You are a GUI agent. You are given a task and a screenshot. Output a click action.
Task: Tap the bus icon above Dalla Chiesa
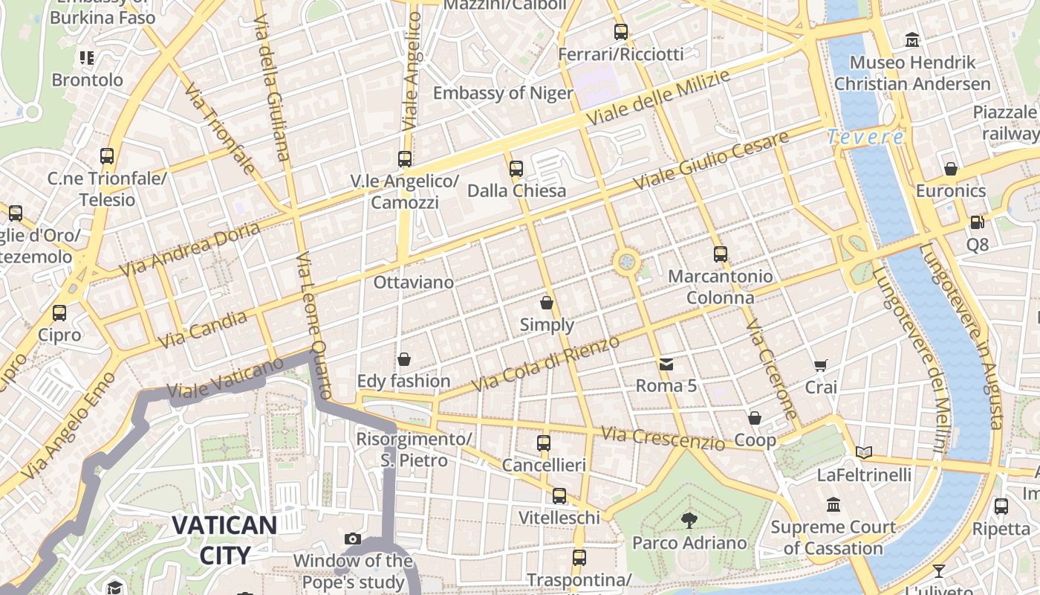point(516,169)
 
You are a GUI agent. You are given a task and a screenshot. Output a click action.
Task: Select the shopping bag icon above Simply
point(547,303)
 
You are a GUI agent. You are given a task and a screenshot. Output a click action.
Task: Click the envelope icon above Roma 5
point(666,364)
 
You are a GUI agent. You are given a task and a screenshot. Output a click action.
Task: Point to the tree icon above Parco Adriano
point(689,520)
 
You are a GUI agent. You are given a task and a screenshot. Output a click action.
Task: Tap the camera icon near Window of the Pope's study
point(353,538)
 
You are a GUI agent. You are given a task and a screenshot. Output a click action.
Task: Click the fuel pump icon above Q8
point(977,222)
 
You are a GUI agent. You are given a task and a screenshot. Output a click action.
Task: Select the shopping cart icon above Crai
point(821,365)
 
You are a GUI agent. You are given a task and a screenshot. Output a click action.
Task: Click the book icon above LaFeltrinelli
point(863,452)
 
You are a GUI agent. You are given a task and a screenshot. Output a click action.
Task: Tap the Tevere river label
point(865,137)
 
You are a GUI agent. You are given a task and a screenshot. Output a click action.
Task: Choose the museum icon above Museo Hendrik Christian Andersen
point(912,39)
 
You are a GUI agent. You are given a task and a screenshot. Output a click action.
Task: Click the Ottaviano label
point(413,283)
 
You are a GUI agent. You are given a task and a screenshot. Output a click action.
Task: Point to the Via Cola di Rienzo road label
point(546,364)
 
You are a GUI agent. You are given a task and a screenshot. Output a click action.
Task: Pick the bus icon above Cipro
point(59,313)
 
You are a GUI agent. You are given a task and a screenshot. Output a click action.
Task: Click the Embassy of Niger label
point(503,93)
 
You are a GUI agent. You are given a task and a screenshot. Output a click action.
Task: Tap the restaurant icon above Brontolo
point(87,57)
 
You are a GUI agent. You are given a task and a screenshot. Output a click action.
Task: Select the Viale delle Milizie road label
point(657,97)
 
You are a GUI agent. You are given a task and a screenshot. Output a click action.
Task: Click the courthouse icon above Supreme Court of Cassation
point(833,505)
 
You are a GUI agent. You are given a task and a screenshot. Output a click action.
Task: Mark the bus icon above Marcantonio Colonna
point(720,254)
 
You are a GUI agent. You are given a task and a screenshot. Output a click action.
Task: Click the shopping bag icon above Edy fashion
point(404,360)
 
